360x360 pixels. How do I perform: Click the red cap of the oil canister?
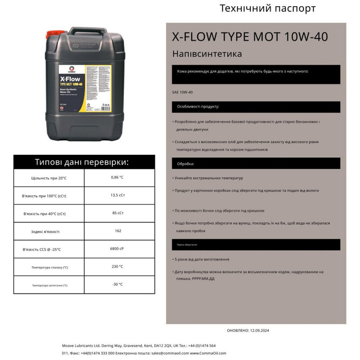(54, 34)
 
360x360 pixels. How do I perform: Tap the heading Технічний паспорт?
(267, 9)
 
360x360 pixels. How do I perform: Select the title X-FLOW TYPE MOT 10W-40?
(250, 36)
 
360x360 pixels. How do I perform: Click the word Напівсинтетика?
(207, 54)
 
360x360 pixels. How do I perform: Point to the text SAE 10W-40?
(182, 92)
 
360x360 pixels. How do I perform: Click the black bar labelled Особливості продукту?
(256, 107)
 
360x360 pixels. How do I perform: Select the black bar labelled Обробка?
(256, 164)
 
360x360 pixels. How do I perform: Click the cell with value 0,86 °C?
(117, 177)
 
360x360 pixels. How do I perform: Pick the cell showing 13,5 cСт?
(117, 195)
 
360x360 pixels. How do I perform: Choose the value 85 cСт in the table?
(117, 213)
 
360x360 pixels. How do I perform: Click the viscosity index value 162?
(118, 231)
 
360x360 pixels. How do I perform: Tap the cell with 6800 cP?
(117, 248)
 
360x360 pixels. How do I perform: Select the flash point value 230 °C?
(117, 266)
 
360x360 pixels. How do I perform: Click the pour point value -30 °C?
(117, 284)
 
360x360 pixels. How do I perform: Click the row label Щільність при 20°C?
(49, 178)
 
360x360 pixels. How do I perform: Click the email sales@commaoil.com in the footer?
(171, 353)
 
